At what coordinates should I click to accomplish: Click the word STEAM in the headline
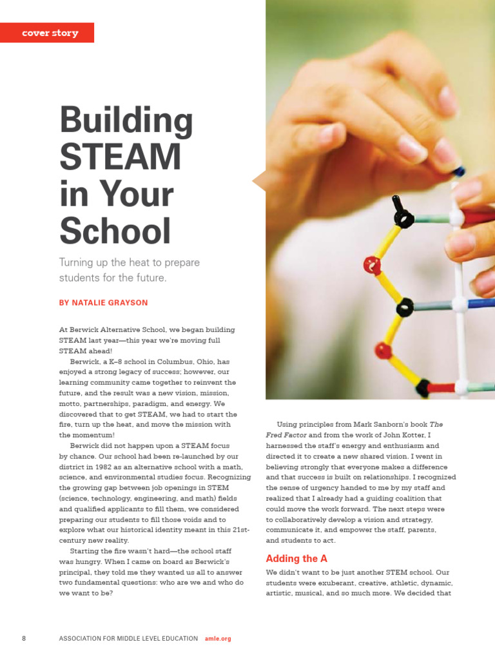120,157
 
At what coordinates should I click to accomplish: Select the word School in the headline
115,230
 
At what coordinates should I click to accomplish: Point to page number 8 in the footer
24,638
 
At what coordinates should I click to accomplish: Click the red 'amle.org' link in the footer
218,638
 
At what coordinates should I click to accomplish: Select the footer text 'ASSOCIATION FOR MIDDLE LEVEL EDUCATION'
128,638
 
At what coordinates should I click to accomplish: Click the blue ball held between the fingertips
459,171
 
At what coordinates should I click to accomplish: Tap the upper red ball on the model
372,264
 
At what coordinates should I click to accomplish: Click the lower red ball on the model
383,351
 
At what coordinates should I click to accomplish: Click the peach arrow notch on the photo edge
259,181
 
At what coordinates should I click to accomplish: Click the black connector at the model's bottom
423,388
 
